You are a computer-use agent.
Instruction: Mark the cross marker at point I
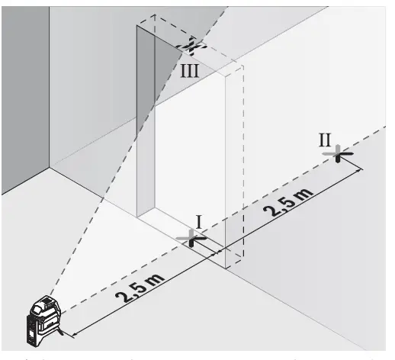point(191,237)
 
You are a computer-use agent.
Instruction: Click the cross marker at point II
point(338,153)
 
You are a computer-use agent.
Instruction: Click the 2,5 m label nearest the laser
point(143,288)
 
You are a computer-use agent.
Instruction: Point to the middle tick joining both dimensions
point(222,251)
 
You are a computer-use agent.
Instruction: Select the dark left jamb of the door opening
point(146,122)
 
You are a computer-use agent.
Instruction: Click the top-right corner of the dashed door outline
point(242,67)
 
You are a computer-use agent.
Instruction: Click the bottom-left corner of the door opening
point(138,216)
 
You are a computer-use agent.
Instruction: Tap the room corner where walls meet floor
point(50,169)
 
